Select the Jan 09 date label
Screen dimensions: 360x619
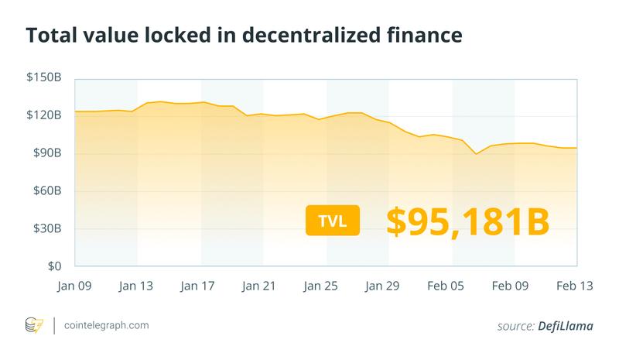[x=75, y=286]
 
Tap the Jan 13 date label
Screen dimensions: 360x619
[x=137, y=286]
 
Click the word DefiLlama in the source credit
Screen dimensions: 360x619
[x=566, y=327]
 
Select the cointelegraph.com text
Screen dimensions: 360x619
[x=107, y=326]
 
